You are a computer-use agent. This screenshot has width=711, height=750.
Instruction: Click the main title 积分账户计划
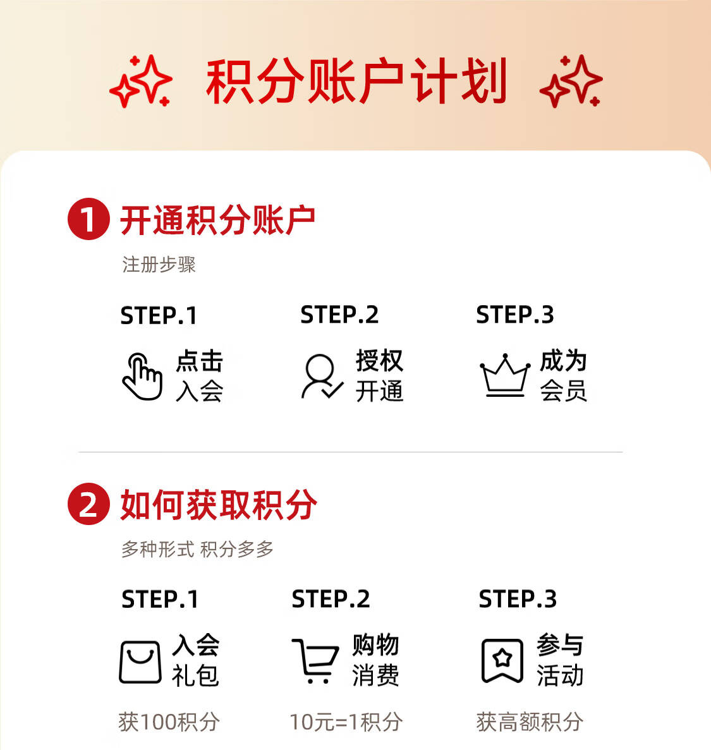coord(356,81)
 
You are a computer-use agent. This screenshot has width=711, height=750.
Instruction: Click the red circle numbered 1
coord(88,219)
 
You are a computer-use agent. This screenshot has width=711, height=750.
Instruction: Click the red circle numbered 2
coord(88,504)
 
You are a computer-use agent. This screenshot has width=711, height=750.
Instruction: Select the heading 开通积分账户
coord(217,220)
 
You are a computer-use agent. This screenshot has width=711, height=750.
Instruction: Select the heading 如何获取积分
coord(218,505)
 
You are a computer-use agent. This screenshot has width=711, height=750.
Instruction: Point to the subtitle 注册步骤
coord(159,265)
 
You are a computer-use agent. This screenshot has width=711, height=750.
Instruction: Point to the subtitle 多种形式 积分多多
coord(197,549)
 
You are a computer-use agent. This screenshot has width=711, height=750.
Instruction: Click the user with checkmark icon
coord(322,377)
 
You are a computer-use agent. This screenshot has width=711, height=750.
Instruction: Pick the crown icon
coord(505,376)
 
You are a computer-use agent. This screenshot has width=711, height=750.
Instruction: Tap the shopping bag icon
coord(140,662)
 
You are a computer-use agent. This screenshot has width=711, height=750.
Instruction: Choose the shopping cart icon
coord(316,661)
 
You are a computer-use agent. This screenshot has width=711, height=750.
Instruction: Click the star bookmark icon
coord(502,660)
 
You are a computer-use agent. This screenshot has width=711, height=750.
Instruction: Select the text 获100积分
coord(169,722)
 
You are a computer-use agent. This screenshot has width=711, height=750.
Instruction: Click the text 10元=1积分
coord(346,722)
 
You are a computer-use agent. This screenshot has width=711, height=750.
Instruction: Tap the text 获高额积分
coord(530,722)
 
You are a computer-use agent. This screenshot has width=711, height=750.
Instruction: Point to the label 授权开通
coord(379,375)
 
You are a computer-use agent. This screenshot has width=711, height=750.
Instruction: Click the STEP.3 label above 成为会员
coord(515,315)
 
